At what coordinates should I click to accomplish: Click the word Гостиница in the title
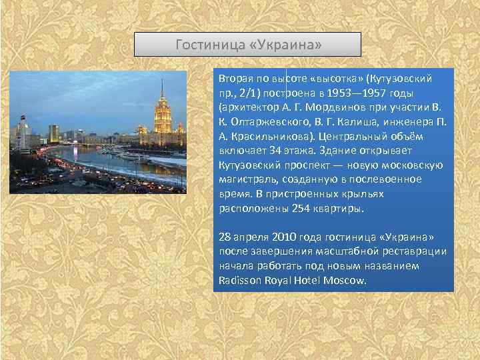[x=207, y=45]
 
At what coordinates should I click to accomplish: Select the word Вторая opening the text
[x=235, y=79]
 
